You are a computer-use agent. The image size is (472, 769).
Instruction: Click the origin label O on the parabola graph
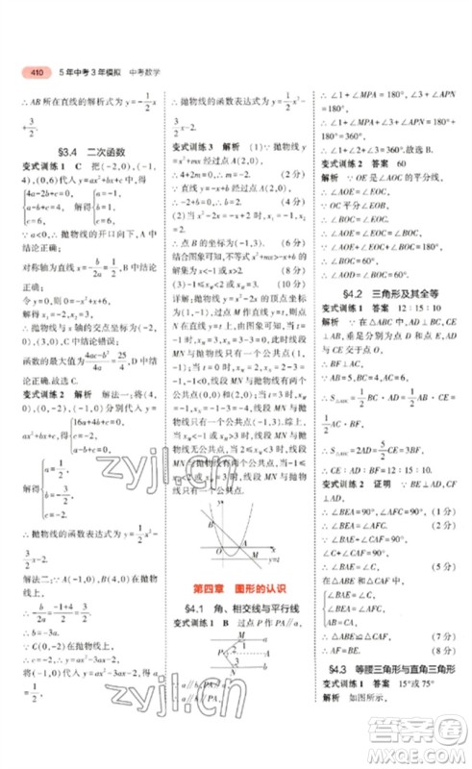point(218,548)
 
